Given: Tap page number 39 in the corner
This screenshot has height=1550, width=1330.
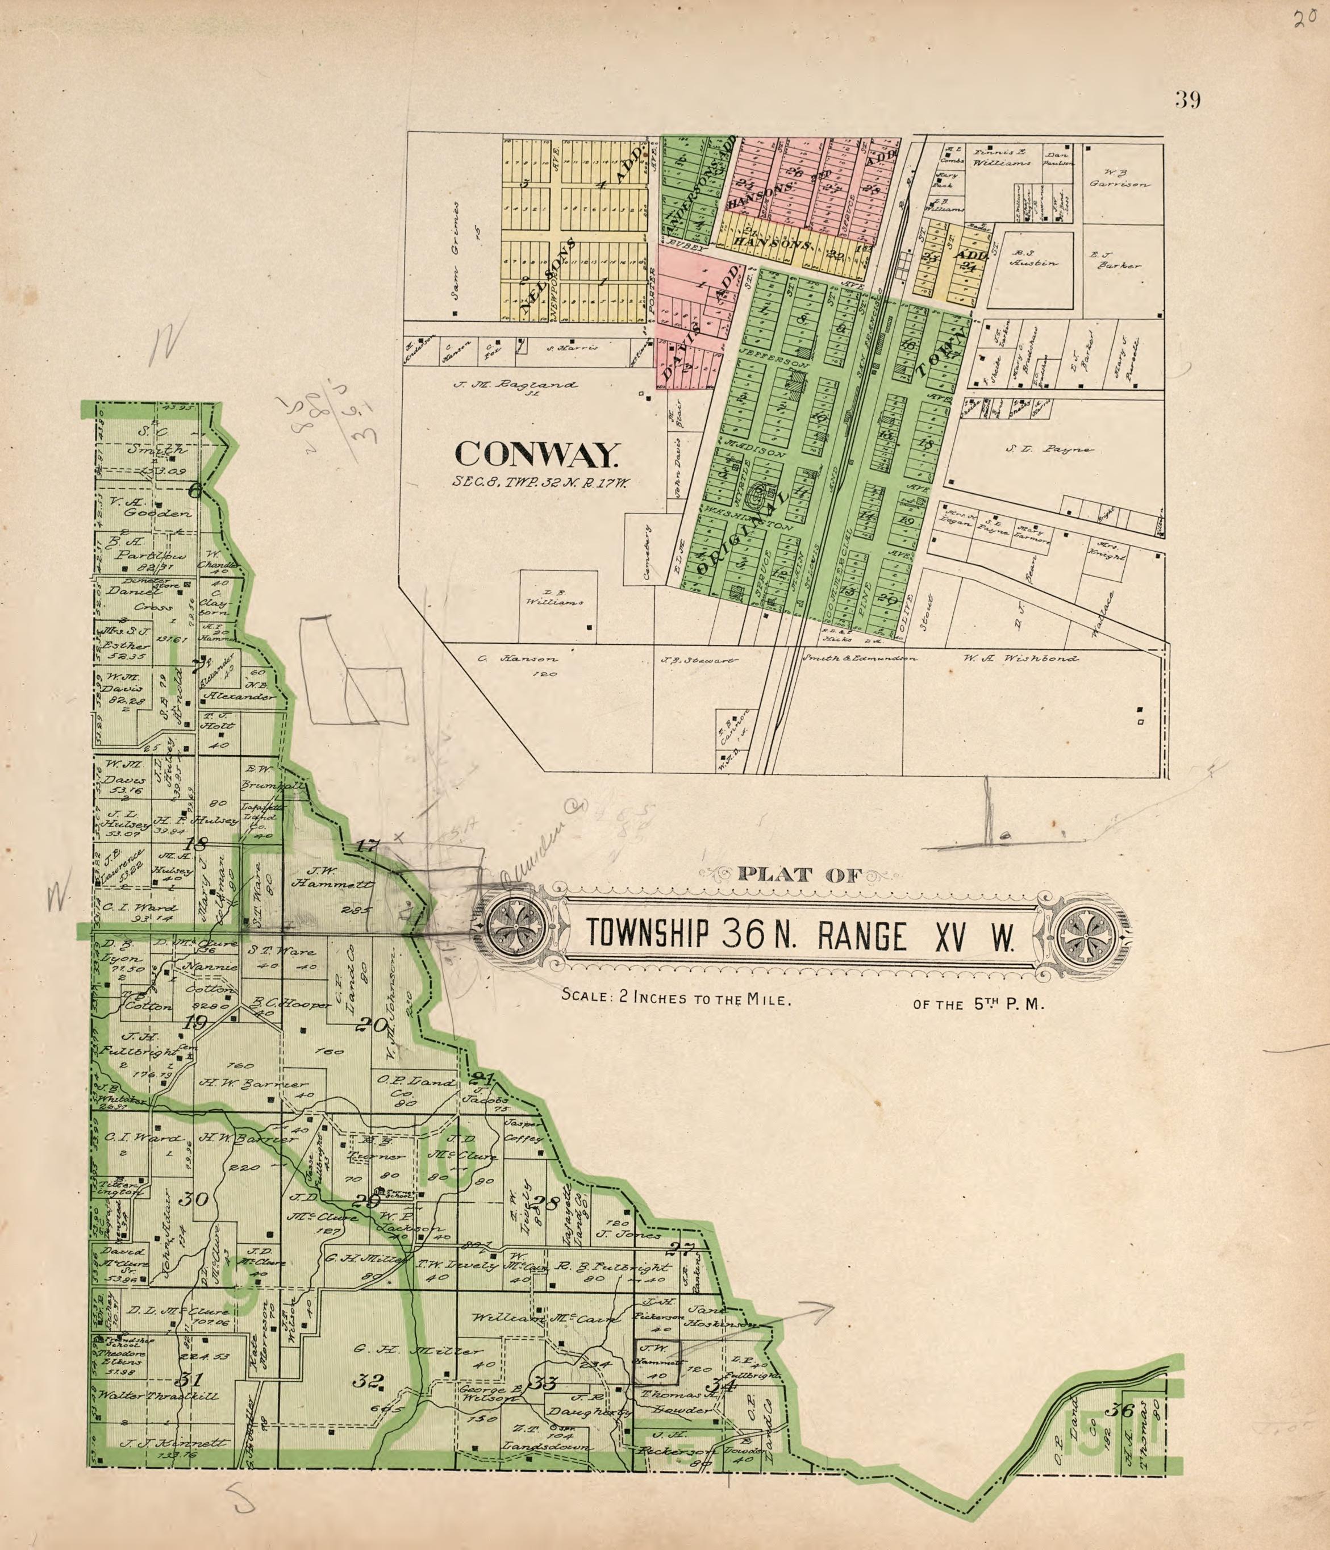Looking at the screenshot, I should pos(1187,99).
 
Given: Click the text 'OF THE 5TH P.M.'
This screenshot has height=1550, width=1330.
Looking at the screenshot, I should pos(978,1005).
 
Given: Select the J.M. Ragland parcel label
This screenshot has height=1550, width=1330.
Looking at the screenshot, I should pos(515,385).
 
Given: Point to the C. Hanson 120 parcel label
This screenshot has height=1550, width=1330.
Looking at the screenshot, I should pos(518,665).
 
